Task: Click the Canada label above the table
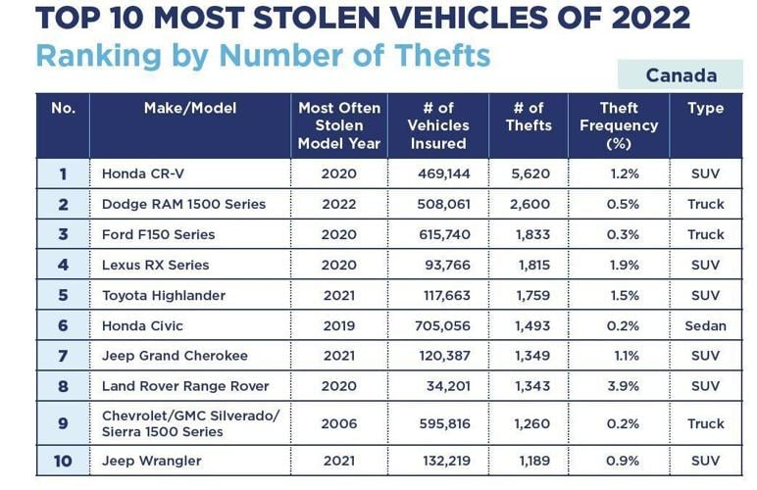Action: (681, 75)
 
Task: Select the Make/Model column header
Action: (189, 108)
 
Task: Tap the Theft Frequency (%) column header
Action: (619, 125)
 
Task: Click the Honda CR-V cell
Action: (142, 173)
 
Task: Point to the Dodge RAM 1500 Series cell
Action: (183, 204)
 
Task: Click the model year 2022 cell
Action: (339, 204)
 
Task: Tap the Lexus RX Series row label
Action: (155, 265)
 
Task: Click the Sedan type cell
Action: (706, 325)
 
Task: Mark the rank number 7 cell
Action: (63, 356)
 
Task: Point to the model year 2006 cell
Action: (339, 423)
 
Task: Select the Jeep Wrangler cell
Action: (151, 461)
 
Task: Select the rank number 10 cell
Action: (63, 461)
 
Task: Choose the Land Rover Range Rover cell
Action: (185, 386)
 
